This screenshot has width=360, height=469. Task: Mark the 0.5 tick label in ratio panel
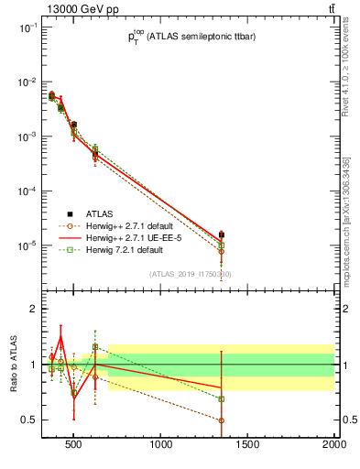coord(27,420)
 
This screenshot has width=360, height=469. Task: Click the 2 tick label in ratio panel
coord(32,310)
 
